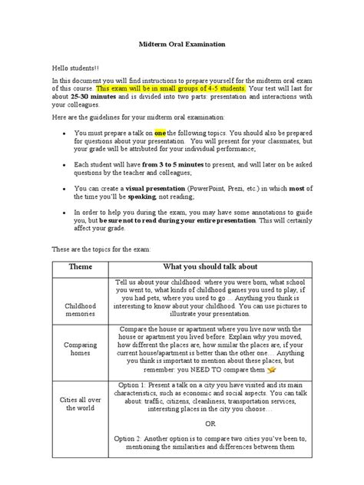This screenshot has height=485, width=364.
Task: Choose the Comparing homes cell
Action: point(80,361)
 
